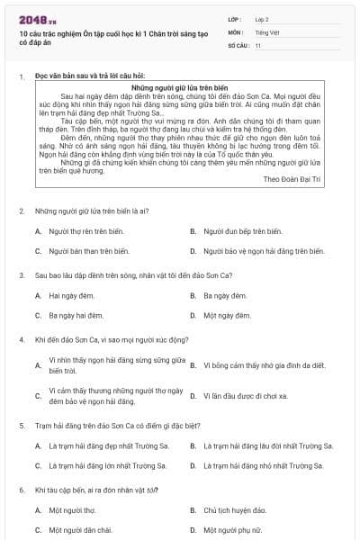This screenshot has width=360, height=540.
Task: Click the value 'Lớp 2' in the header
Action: coord(262,19)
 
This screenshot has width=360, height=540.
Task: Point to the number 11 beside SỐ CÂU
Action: coord(258,44)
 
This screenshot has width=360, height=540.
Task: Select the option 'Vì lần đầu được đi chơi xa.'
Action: coord(245,395)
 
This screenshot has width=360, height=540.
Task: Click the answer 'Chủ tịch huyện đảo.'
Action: coord(235,510)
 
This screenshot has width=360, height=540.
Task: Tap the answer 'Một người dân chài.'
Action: coord(80,530)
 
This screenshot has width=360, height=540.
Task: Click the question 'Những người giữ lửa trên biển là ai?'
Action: coord(92,211)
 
